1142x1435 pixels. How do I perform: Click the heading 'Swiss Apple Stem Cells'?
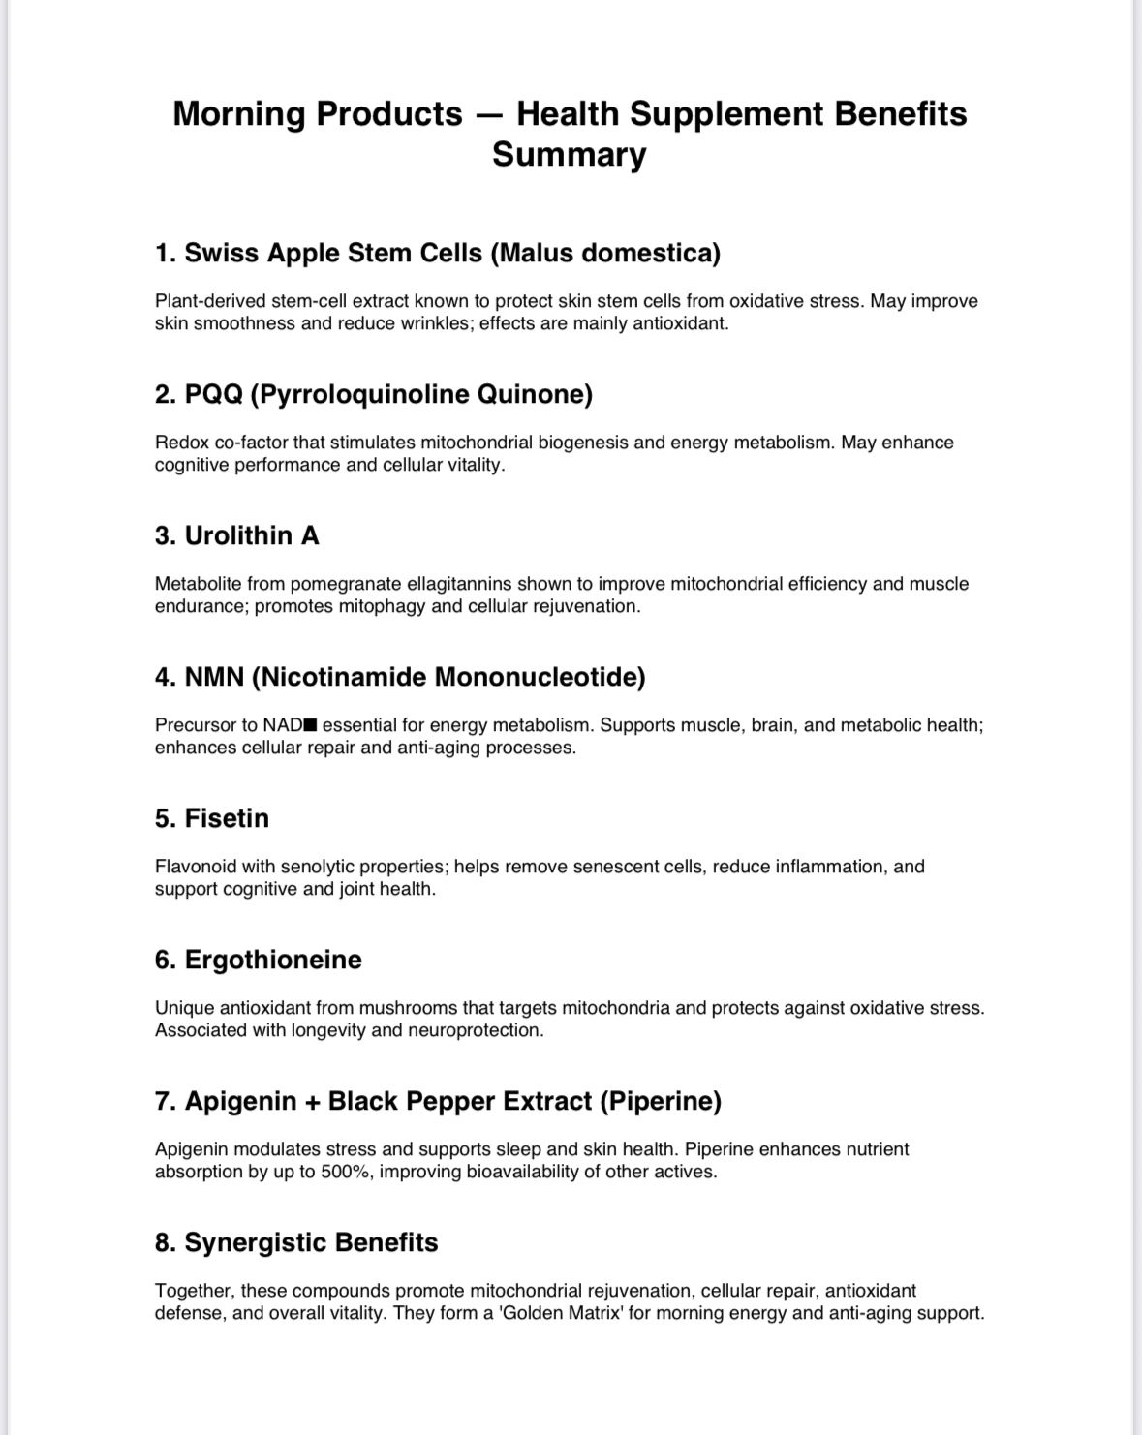437,253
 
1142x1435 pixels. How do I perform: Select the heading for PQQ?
373,394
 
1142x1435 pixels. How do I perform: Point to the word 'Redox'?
181,443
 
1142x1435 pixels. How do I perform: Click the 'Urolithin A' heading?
236,535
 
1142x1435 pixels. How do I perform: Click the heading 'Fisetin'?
211,818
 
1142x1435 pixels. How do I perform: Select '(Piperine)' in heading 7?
661,1101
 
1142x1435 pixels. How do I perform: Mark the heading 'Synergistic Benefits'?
296,1242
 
